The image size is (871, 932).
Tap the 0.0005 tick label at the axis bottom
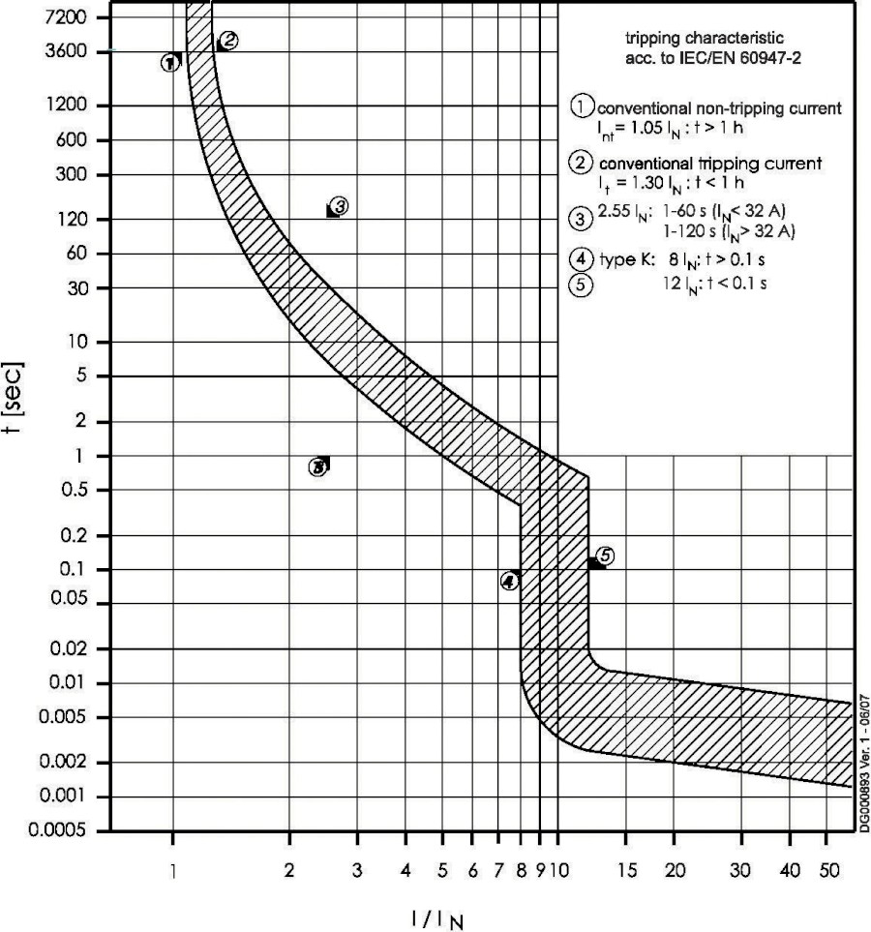[57, 831]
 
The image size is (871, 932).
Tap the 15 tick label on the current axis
[625, 871]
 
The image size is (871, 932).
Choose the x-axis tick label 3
[357, 871]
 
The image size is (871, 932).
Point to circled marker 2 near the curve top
[228, 41]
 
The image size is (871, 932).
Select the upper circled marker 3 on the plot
[339, 206]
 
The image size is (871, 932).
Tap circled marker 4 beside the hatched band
[509, 581]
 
